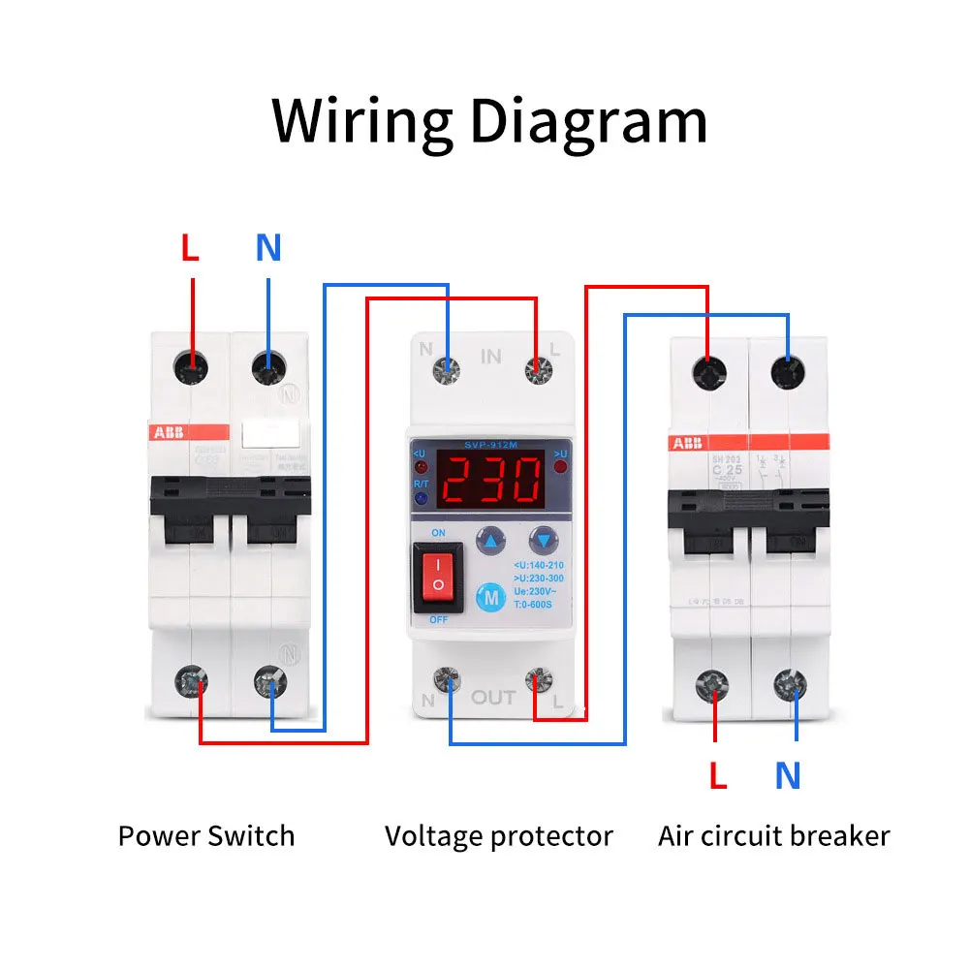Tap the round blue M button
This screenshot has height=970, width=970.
pyautogui.click(x=491, y=598)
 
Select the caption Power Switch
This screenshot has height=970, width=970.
pyautogui.click(x=206, y=835)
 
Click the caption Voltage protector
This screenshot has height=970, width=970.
pyautogui.click(x=499, y=835)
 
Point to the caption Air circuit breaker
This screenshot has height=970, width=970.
pyautogui.click(x=773, y=835)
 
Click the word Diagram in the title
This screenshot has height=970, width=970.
pyautogui.click(x=587, y=121)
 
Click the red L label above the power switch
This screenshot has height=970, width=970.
pyautogui.click(x=190, y=249)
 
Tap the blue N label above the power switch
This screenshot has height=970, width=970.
pyautogui.click(x=268, y=249)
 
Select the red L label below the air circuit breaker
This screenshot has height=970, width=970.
pyautogui.click(x=717, y=775)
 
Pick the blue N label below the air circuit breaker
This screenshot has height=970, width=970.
pyautogui.click(x=788, y=775)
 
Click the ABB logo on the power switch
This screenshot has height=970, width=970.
pyautogui.click(x=167, y=432)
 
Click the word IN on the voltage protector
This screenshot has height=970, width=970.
pyautogui.click(x=491, y=356)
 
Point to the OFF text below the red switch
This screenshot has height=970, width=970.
pyautogui.click(x=438, y=618)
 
